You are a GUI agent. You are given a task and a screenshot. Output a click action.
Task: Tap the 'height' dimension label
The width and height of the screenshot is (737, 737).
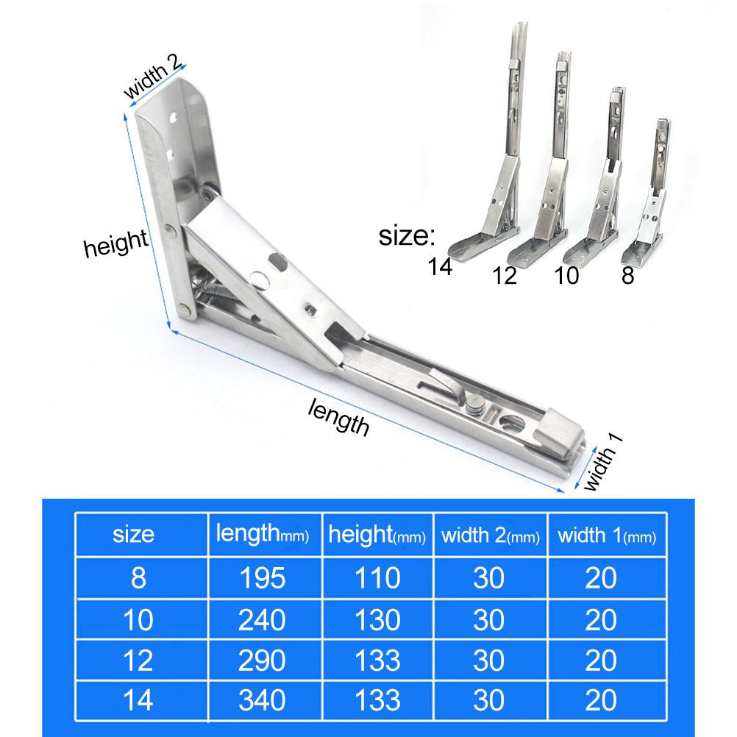(x=115, y=243)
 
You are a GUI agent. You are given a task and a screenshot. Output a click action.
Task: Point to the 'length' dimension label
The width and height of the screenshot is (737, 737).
(x=338, y=417)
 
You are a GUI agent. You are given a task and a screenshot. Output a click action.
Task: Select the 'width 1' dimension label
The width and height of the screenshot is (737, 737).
(x=603, y=462)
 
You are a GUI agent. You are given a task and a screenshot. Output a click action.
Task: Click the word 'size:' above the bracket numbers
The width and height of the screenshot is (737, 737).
(x=407, y=236)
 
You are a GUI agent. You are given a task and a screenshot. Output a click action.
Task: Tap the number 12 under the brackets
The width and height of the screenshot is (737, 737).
(x=505, y=276)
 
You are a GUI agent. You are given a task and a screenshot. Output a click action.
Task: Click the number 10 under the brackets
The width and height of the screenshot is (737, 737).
(x=566, y=275)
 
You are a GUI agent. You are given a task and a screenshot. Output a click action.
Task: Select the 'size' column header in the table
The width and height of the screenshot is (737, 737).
(x=133, y=535)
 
